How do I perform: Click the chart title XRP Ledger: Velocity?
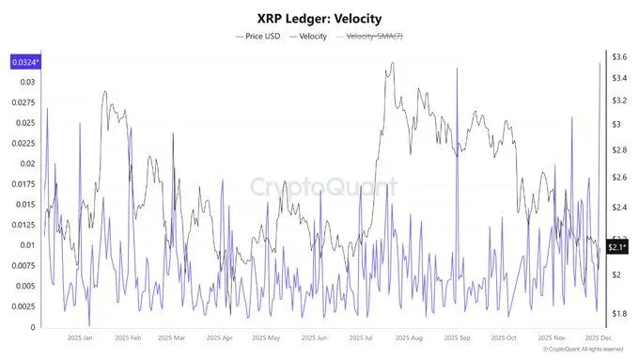coord(319,18)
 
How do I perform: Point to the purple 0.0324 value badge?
coord(23,62)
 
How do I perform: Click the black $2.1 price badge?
coord(616,247)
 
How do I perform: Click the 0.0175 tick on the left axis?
coord(23,184)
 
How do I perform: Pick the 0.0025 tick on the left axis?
coord(23,306)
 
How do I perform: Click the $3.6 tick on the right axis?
coord(619,57)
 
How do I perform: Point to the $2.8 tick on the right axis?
coord(619,150)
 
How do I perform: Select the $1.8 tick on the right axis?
coord(619,313)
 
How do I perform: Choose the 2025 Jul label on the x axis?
coord(363,337)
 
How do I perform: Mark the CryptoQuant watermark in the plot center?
coord(323,187)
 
